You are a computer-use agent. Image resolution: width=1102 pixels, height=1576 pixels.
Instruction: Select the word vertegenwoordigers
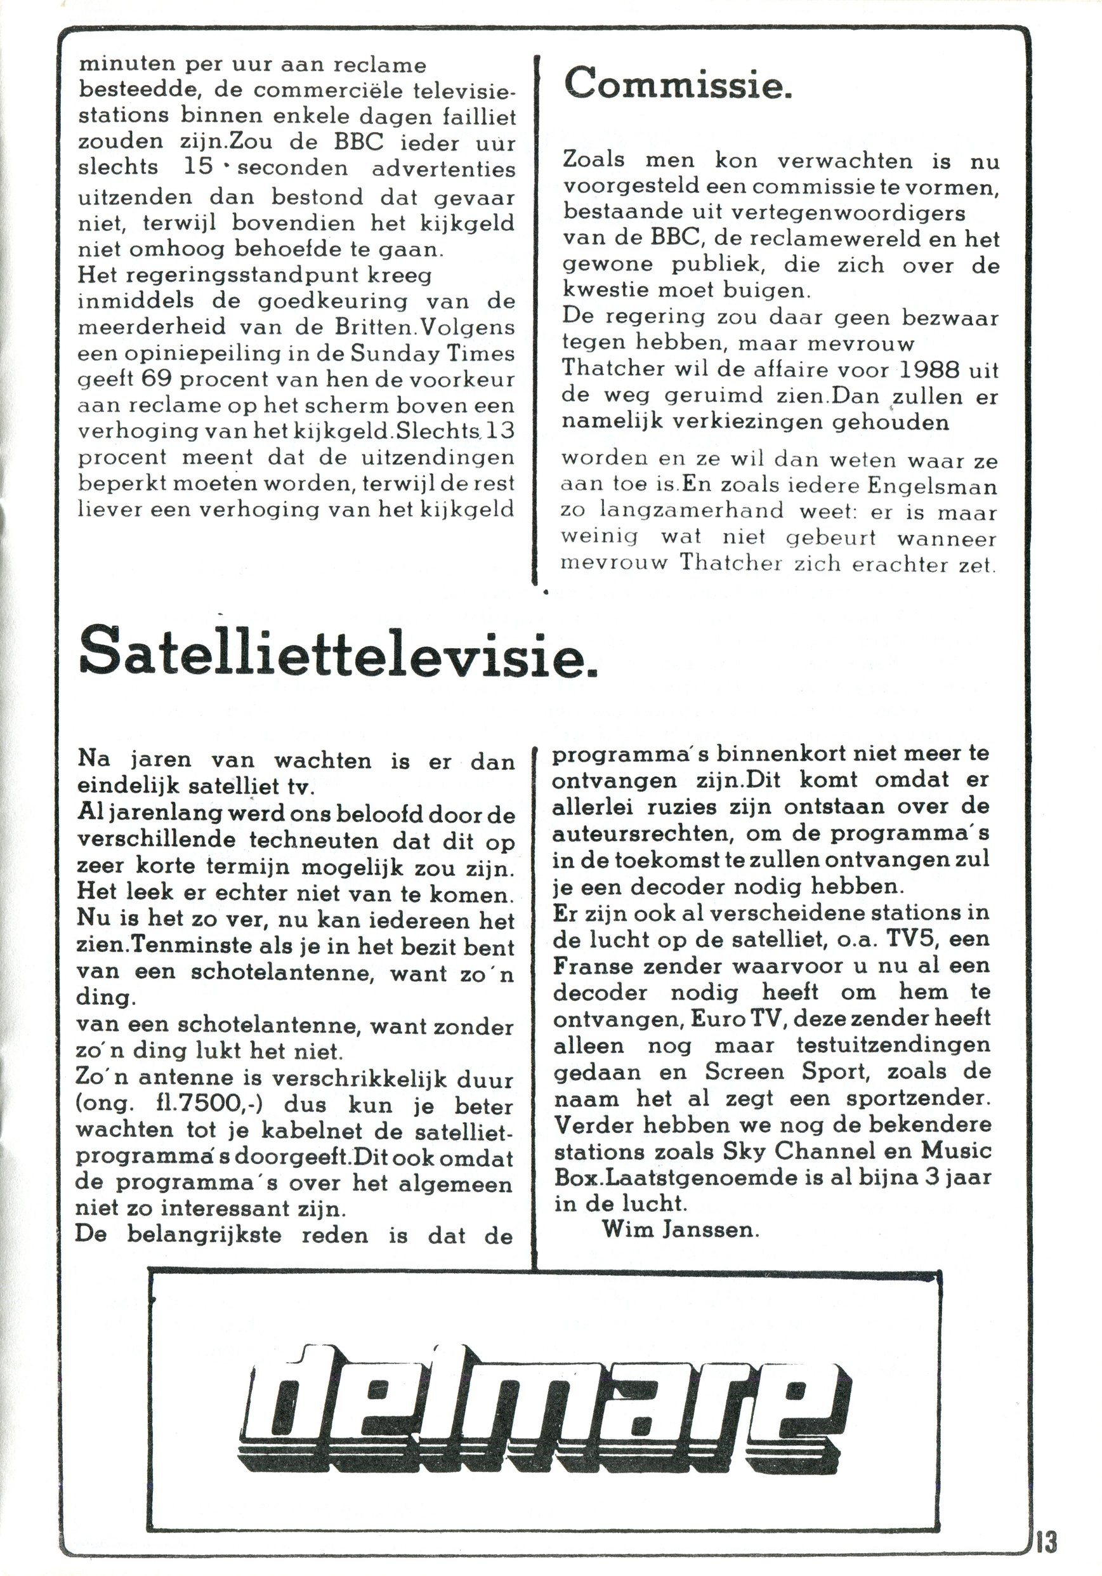coord(848,213)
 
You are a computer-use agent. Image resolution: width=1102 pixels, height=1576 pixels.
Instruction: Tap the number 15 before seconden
coord(199,168)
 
